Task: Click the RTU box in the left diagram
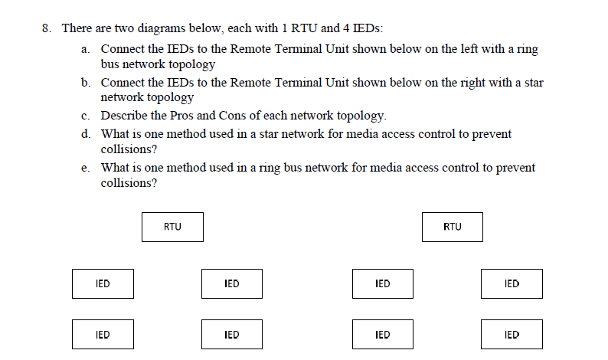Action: click(x=172, y=227)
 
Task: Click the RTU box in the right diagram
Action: click(x=452, y=227)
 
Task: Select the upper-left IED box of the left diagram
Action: click(x=103, y=283)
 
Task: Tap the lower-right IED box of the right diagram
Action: click(x=512, y=335)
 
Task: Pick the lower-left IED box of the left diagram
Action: click(x=103, y=335)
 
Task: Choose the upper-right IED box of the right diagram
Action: click(x=512, y=283)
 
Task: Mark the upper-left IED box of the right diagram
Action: click(x=383, y=283)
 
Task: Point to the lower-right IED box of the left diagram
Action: click(x=232, y=335)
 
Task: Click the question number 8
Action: click(x=47, y=28)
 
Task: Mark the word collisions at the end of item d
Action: click(x=126, y=149)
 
